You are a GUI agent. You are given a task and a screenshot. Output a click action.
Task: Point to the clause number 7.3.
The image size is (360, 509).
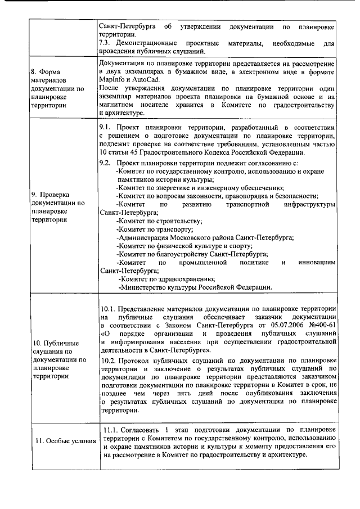pos(106,43)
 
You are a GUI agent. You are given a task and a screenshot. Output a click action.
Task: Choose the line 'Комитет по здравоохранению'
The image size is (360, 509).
pos(166,279)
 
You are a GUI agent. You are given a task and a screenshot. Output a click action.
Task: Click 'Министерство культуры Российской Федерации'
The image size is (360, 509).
pos(195,287)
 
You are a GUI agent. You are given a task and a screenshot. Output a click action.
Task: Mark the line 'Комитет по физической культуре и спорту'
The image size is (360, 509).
pos(186,246)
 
